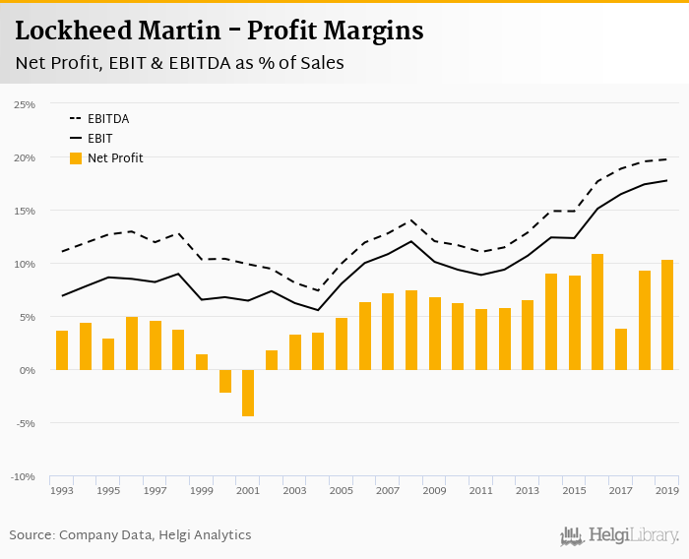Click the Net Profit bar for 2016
[x=597, y=312]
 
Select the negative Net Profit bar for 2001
[x=248, y=393]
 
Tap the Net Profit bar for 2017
[x=621, y=349]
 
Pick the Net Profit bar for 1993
[x=62, y=350]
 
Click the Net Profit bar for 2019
[x=667, y=315]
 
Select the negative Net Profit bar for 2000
[x=224, y=381]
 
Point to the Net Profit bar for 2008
[x=411, y=331]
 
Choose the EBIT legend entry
[x=99, y=139]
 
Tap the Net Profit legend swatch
[x=76, y=157]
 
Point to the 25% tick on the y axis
[x=24, y=104]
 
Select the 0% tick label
[x=27, y=370]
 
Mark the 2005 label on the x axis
[x=341, y=490]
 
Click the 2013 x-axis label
[x=527, y=490]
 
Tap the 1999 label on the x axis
[x=202, y=490]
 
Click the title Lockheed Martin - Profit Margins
[x=219, y=31]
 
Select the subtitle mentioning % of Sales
[x=179, y=63]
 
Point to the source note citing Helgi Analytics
[x=130, y=535]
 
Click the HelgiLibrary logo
[x=619, y=535]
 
